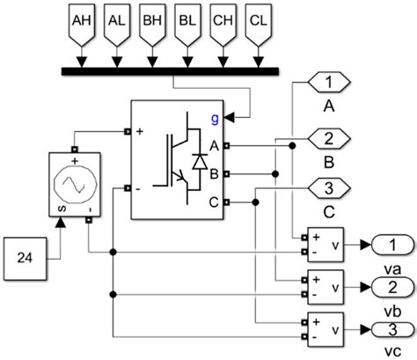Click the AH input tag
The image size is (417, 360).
click(x=80, y=21)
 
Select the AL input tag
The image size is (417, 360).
click(x=115, y=21)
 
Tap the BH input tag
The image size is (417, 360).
click(x=150, y=21)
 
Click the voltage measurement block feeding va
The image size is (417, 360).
click(x=326, y=245)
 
